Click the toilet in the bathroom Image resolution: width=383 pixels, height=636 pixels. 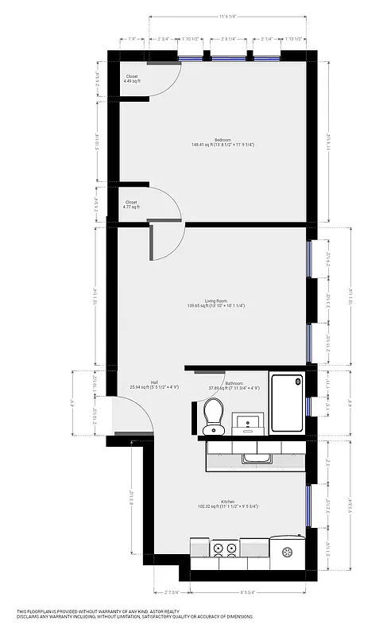(212, 415)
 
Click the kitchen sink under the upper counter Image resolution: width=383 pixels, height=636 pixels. (256, 459)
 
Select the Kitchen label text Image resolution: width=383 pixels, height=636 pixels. (227, 502)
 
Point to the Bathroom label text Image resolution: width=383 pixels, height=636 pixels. (234, 383)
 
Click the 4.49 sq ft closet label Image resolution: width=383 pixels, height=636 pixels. (131, 79)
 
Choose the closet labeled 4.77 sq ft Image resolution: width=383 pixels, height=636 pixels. (131, 204)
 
